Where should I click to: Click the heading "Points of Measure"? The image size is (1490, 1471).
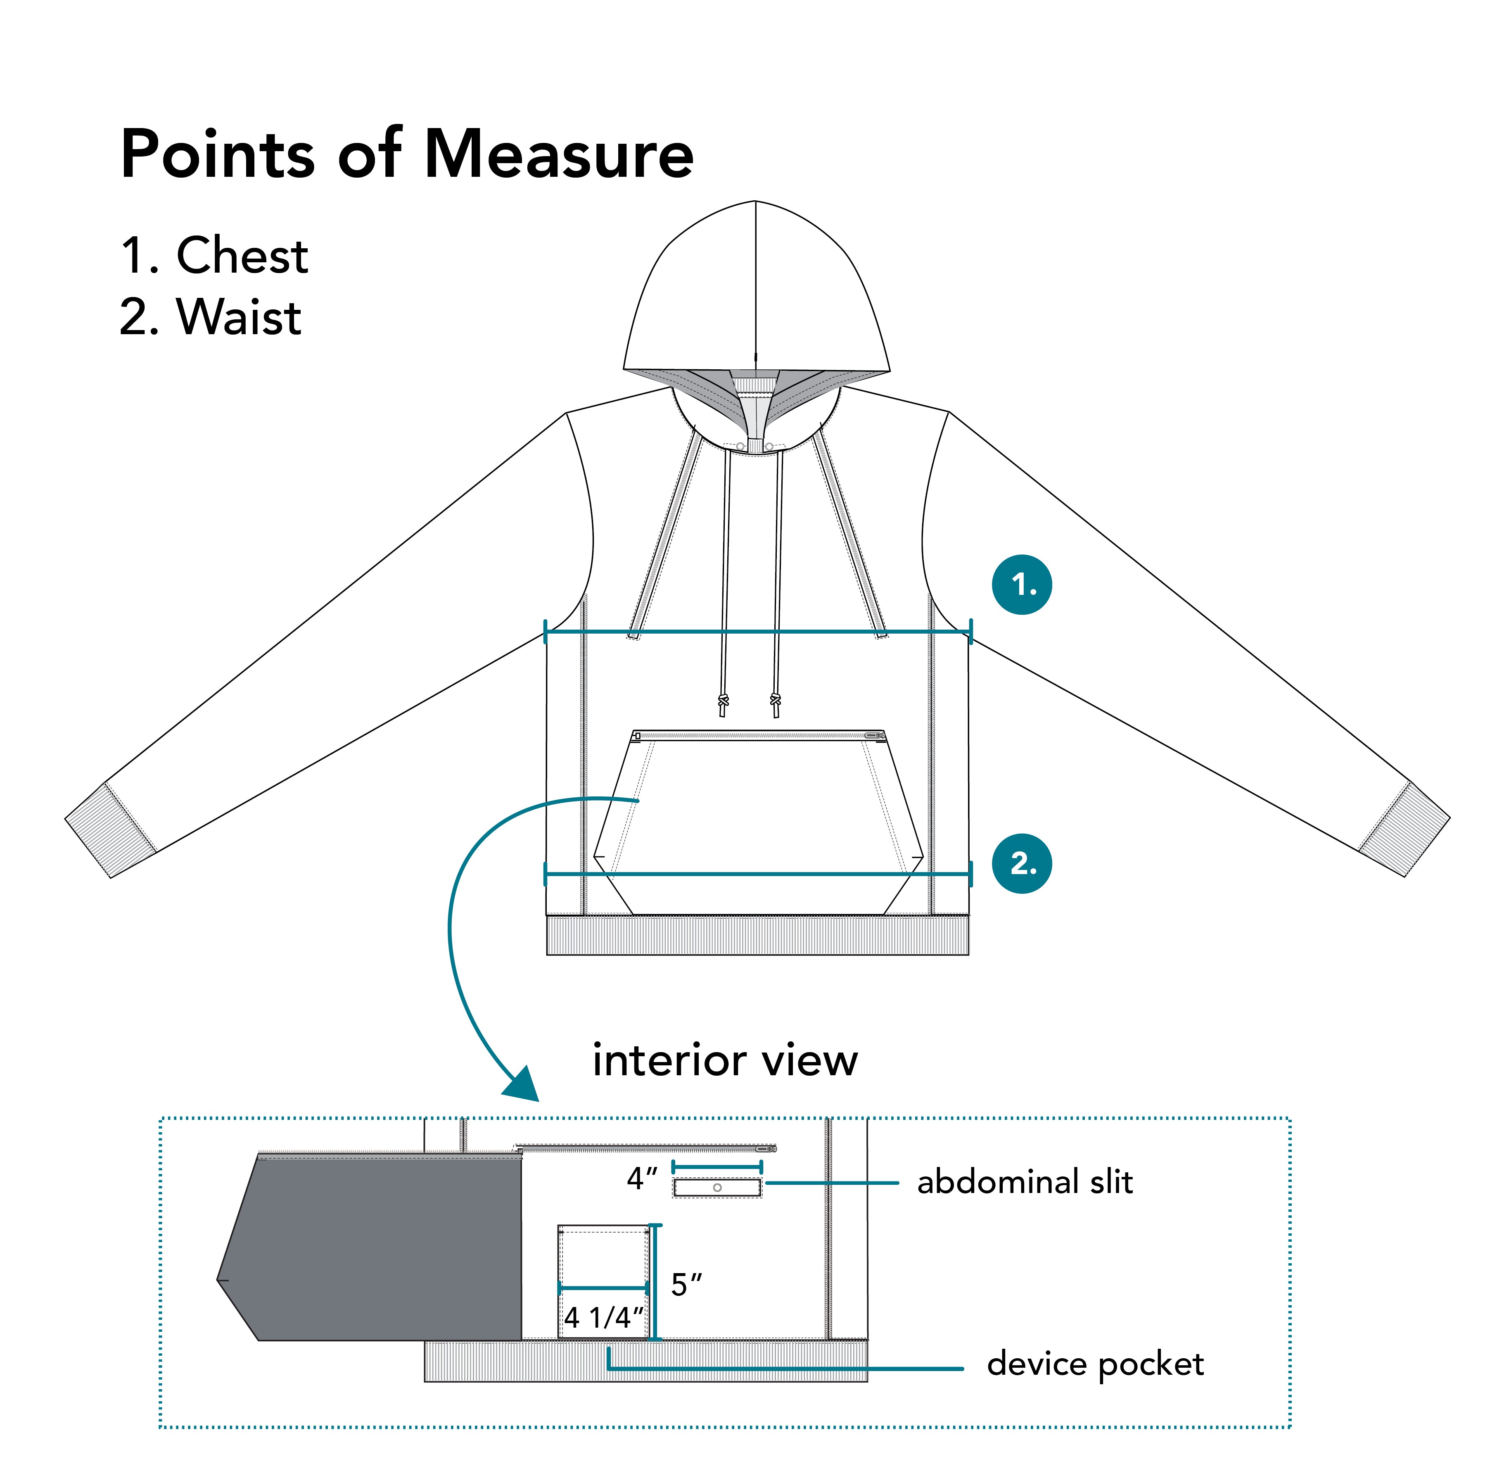point(407,154)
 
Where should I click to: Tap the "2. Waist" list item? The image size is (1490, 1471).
point(211,316)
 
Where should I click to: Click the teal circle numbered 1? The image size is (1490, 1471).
point(1022,585)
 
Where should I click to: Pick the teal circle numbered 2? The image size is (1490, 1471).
point(1022,863)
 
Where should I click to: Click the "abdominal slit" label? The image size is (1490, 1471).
point(1025,1183)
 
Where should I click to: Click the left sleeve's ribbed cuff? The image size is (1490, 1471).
point(110,829)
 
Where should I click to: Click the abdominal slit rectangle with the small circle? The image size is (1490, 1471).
point(717,1187)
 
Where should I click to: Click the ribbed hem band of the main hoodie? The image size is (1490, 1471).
point(757,935)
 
